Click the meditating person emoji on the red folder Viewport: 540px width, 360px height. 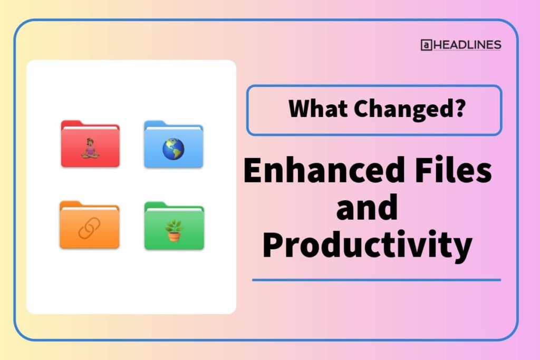[90, 149]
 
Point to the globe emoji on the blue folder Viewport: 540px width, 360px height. [173, 149]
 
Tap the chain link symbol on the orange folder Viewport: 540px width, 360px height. [89, 229]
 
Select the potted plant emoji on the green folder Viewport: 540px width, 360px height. [174, 230]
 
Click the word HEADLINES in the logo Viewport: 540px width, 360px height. [467, 45]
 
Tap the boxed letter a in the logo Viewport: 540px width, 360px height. [426, 45]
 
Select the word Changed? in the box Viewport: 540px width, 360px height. [409, 109]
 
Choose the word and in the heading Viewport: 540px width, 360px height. [367, 208]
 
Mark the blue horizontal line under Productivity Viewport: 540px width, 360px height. [376, 280]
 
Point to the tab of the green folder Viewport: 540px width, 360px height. [156, 205]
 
